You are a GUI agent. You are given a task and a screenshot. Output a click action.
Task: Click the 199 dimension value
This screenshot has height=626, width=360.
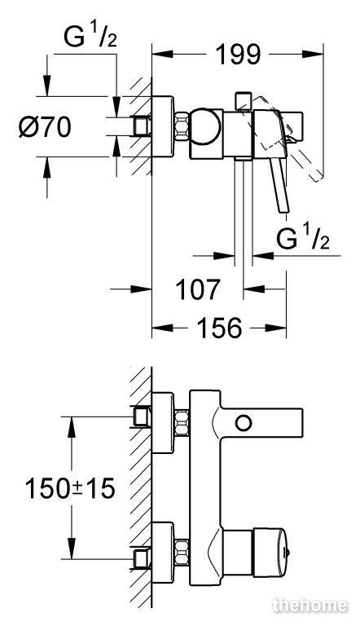coord(238,55)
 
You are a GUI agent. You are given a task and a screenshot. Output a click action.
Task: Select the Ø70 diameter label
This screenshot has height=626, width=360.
coord(45,127)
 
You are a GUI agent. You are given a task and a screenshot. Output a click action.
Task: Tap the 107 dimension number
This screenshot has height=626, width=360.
coord(198,289)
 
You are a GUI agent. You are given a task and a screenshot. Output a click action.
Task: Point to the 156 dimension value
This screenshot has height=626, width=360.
coord(220,328)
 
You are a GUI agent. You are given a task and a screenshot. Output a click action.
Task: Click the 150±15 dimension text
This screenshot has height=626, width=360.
coord(70,488)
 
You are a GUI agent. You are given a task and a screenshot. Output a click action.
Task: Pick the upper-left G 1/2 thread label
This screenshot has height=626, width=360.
coord(90,37)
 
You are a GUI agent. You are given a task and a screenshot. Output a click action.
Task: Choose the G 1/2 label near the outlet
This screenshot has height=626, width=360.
coord(303,239)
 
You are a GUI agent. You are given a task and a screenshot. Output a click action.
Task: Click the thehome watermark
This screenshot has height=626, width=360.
coord(310,606)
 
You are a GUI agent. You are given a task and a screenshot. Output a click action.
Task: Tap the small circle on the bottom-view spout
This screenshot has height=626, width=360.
coord(244,423)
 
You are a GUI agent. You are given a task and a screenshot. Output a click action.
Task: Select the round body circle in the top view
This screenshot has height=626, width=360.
coord(204,126)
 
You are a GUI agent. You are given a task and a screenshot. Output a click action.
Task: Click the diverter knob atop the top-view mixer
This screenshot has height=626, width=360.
coord(243,101)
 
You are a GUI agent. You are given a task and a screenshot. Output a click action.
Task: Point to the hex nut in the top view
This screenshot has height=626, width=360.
coord(182,126)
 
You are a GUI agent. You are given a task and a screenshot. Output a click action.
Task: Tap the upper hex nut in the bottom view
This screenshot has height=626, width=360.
coord(182,423)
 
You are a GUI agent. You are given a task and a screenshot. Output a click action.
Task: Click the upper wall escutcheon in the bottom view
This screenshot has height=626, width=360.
coord(163,423)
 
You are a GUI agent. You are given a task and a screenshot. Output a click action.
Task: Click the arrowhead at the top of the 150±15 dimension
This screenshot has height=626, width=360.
coord(72,427)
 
